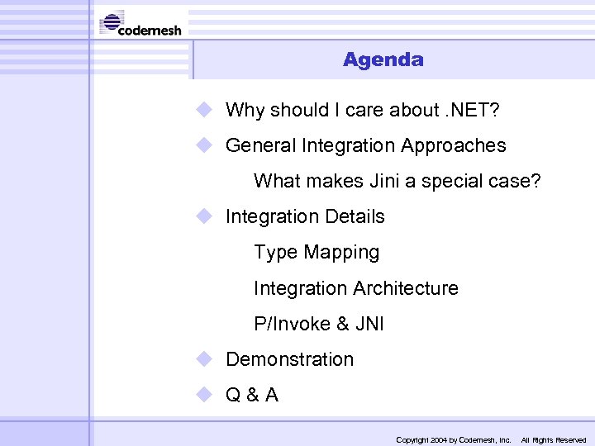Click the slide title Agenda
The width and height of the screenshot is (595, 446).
383,59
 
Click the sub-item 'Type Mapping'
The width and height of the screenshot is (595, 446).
317,253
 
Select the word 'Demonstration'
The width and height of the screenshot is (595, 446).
289,359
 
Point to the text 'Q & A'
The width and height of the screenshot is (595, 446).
252,395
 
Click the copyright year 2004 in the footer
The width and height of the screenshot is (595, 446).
437,440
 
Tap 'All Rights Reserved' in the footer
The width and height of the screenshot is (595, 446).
553,440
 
